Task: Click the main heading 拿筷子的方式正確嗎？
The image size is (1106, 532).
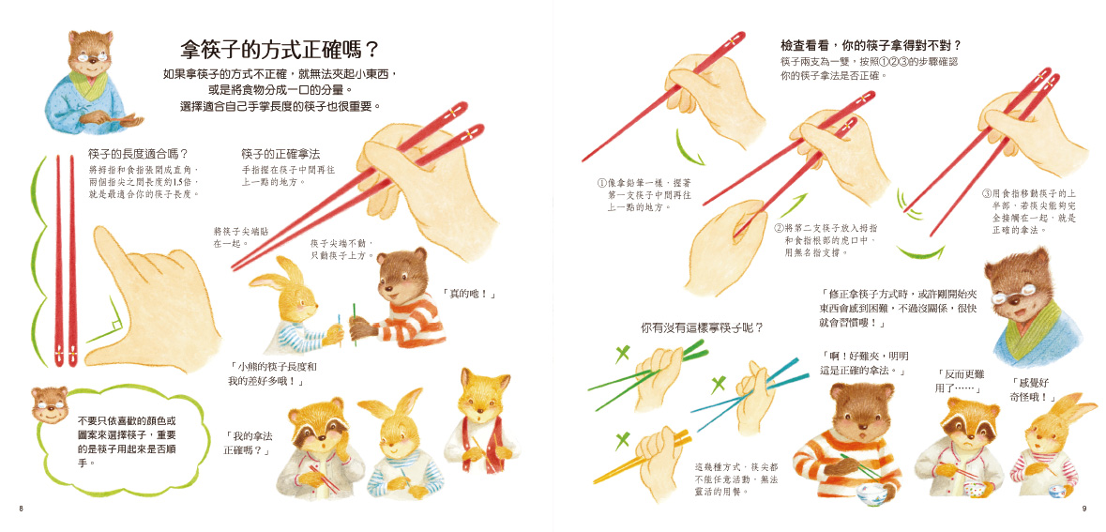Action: coord(280,50)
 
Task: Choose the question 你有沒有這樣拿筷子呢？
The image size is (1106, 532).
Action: coord(701,328)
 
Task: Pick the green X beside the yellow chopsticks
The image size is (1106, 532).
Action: coord(621,442)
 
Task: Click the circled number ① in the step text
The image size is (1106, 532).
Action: coord(601,183)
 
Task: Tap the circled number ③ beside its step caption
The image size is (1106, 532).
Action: coord(986,192)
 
